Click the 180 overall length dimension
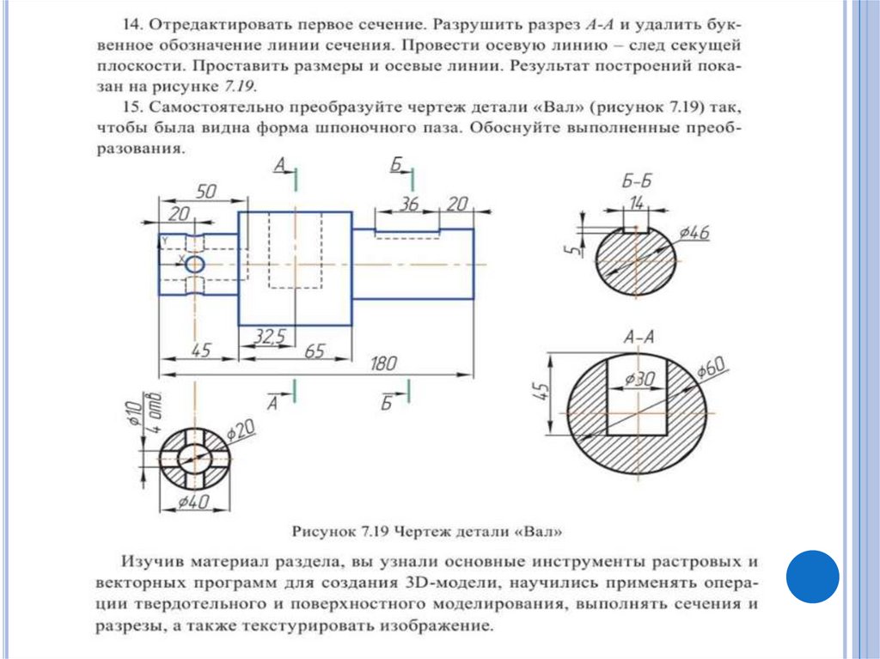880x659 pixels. coord(377,364)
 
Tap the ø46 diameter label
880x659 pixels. coord(693,233)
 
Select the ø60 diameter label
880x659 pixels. coord(713,369)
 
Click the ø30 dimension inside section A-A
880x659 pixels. coord(640,379)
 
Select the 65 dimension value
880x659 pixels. coord(315,351)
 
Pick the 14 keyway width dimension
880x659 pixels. coord(636,204)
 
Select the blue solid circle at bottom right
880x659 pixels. coord(812,577)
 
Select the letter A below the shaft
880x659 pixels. coord(272,402)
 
